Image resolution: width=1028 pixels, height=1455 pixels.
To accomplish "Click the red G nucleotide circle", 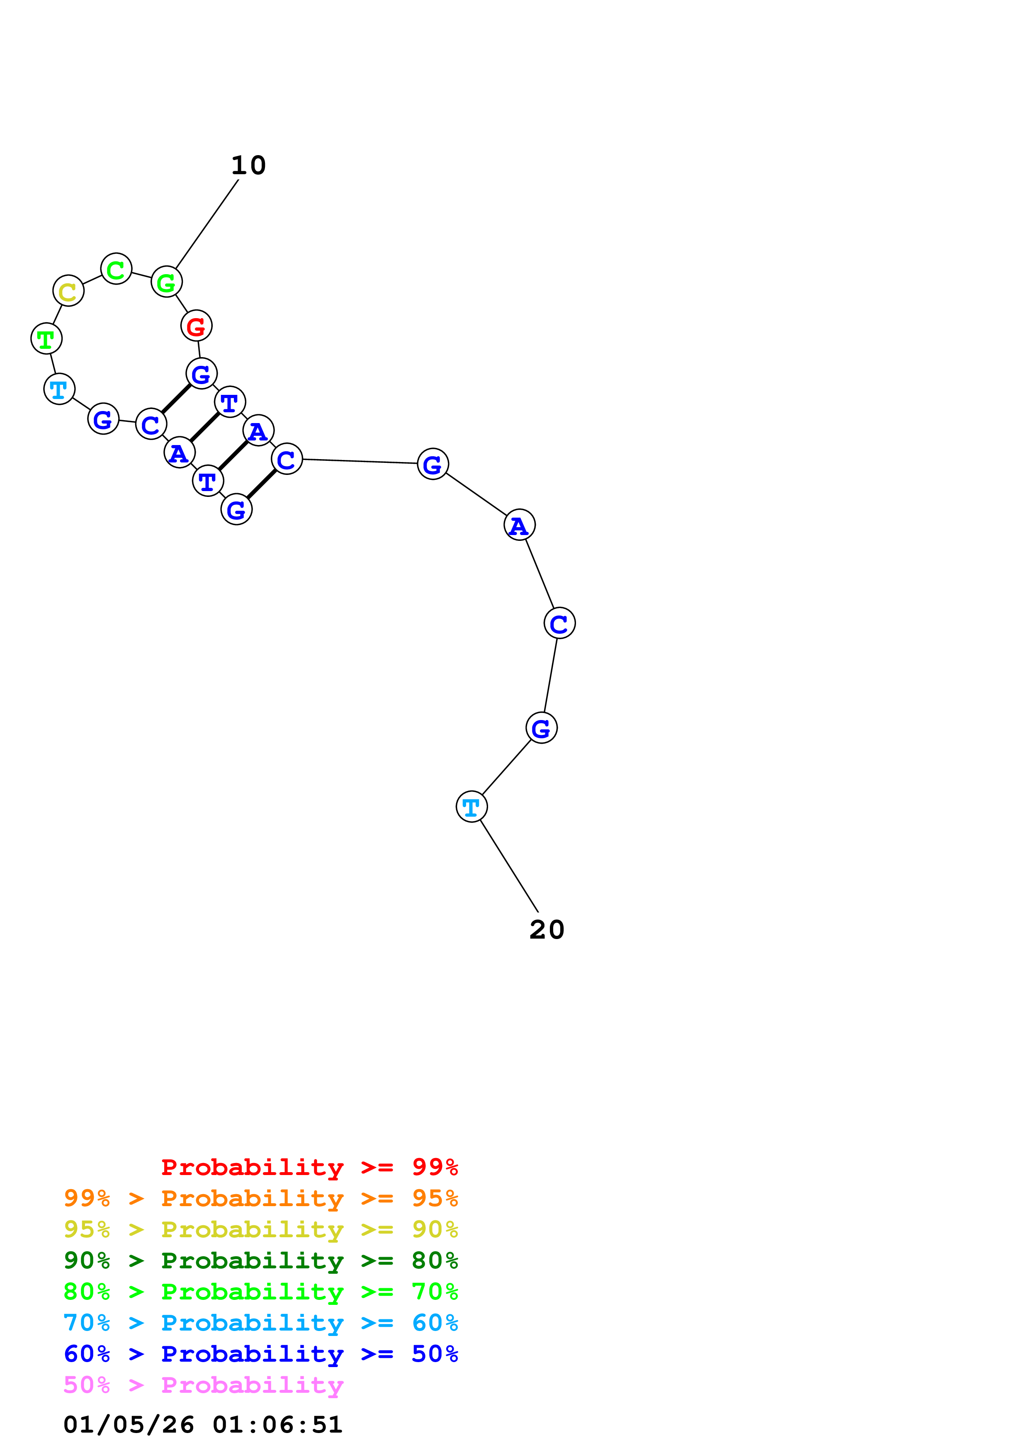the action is (x=196, y=326).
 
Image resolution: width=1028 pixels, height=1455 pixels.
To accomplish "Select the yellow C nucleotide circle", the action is (x=68, y=292).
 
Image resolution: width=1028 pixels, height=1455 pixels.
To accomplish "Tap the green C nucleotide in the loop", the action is (x=116, y=269).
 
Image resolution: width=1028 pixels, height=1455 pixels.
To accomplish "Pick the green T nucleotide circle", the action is (x=46, y=339).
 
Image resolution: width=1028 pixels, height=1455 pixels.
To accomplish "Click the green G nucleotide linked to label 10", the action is (x=167, y=282).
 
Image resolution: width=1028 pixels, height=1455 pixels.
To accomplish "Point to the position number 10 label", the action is (x=248, y=166).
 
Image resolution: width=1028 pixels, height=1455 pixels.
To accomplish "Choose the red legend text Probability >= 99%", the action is (x=309, y=1167).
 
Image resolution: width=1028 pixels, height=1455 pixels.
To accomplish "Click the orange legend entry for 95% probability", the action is (x=260, y=1198).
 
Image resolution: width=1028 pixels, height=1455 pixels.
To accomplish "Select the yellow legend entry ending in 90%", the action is (x=260, y=1229).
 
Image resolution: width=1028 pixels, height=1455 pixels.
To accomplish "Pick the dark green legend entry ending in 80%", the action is (x=260, y=1260).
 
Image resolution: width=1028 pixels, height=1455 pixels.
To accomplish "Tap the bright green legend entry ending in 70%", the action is (x=260, y=1292).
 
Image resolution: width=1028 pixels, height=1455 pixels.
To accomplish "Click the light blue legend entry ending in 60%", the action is (x=260, y=1323).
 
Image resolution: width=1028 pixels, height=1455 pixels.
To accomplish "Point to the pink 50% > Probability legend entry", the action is (x=203, y=1384).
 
